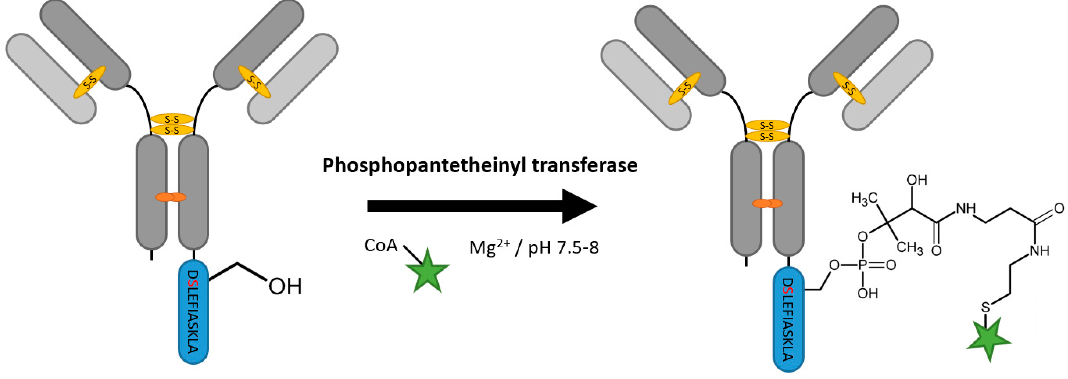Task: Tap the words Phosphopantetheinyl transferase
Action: point(480,165)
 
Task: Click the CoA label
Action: point(381,245)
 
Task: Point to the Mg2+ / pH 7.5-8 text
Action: point(534,248)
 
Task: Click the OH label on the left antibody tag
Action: point(285,287)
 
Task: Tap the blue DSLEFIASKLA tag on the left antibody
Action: point(193,311)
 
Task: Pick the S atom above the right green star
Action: point(986,308)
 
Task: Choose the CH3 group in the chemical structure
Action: point(910,248)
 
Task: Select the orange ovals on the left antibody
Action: point(170,197)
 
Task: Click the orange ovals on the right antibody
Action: point(767,203)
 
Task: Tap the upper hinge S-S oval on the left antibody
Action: point(172,119)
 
